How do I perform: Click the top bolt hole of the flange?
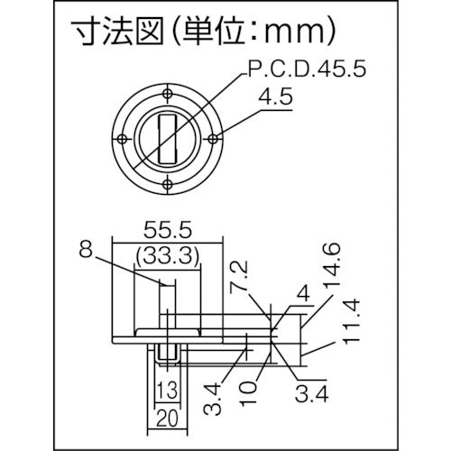point(169,90)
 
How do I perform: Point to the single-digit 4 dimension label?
point(301,290)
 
